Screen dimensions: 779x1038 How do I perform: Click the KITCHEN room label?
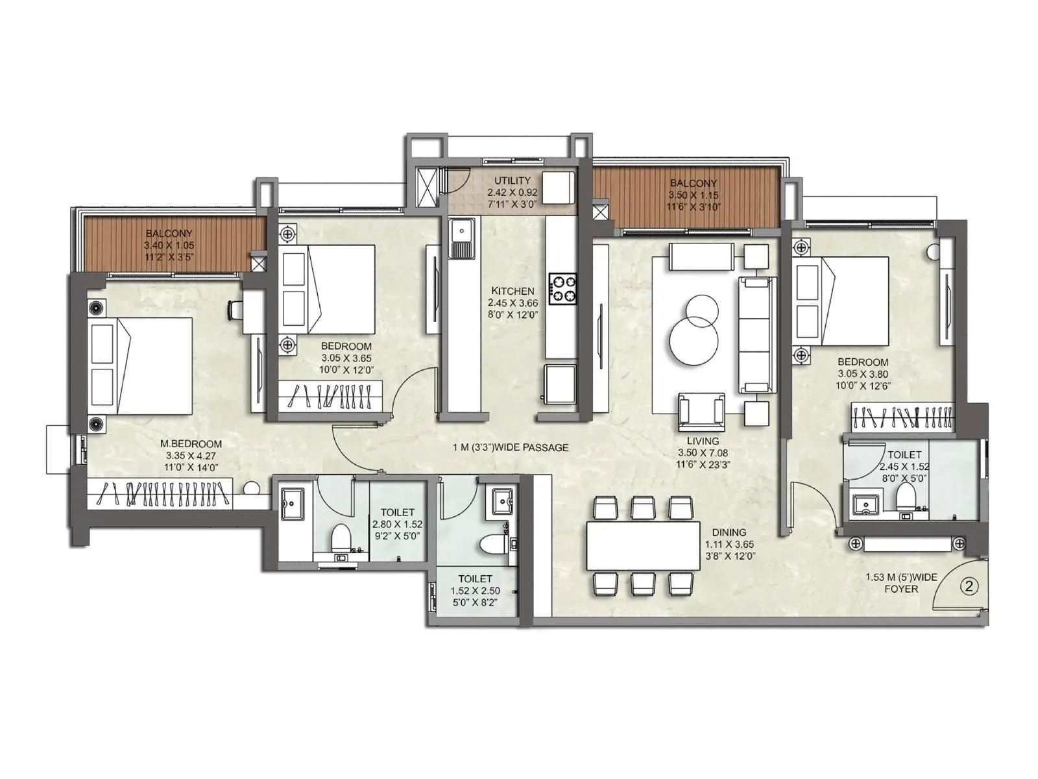pyautogui.click(x=513, y=291)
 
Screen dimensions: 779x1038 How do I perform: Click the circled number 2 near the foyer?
pyautogui.click(x=969, y=586)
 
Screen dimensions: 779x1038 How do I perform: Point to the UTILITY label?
pyautogui.click(x=513, y=180)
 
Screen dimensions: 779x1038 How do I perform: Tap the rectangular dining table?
pyautogui.click(x=643, y=545)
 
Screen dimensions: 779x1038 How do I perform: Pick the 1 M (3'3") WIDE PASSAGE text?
pyautogui.click(x=511, y=447)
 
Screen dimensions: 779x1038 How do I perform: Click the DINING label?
pyautogui.click(x=729, y=532)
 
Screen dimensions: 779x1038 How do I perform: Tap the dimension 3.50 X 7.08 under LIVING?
pyautogui.click(x=703, y=452)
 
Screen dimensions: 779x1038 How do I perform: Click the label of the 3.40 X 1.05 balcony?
pyautogui.click(x=169, y=234)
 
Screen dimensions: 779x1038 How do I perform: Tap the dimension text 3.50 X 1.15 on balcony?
pyautogui.click(x=694, y=195)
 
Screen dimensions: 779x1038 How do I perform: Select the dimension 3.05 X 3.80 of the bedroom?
pyautogui.click(x=862, y=374)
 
